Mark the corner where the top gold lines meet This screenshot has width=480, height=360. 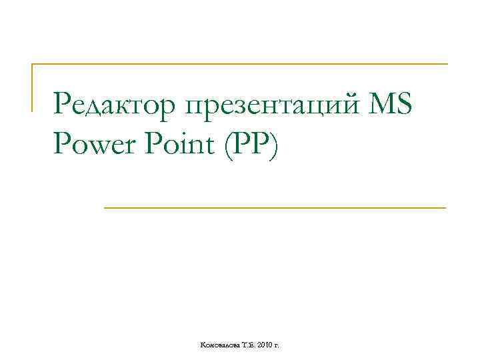[33, 65]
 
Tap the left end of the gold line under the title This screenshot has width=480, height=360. [105, 208]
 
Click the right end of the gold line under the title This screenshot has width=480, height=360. [445, 208]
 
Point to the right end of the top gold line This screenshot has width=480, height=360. [447, 65]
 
